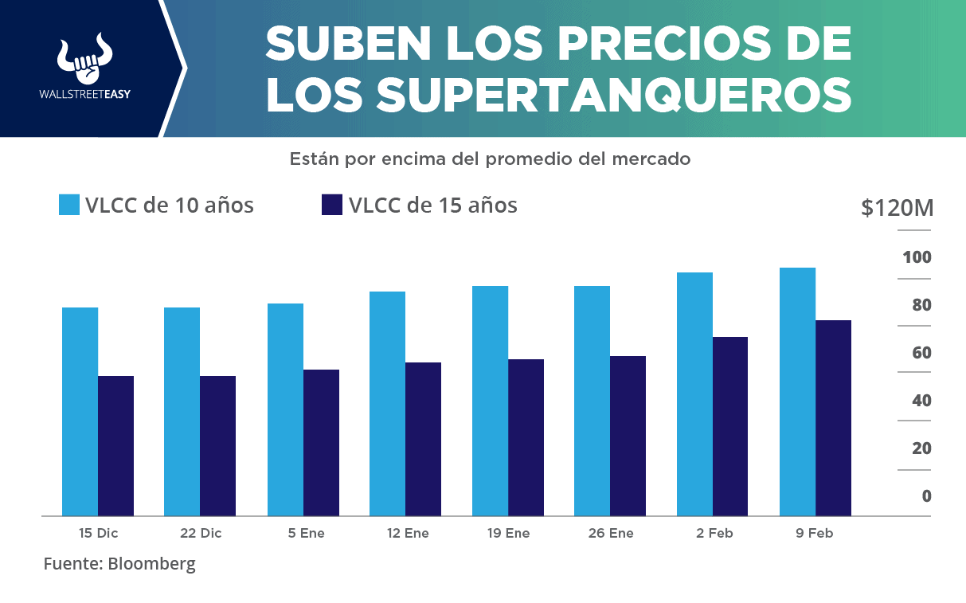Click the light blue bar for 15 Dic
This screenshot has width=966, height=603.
point(80,411)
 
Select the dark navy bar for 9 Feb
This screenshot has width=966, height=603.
point(833,417)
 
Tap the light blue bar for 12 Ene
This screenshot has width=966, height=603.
point(387,403)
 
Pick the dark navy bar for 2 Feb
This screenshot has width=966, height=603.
point(730,426)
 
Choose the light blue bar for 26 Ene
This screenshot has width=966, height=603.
point(592,401)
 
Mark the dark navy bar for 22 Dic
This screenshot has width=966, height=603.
point(217,445)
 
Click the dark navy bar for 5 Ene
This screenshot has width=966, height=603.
point(321,442)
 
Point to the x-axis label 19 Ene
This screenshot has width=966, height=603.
point(508,534)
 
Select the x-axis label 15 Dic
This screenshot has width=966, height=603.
point(98,534)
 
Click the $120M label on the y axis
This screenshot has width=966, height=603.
point(897,209)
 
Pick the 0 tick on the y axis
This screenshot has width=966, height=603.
point(926,496)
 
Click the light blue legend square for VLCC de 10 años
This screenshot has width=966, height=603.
point(69,205)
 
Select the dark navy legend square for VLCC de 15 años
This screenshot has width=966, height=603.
point(332,205)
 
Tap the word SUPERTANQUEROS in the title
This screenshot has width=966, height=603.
point(613,96)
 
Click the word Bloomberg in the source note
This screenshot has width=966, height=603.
point(151,564)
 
